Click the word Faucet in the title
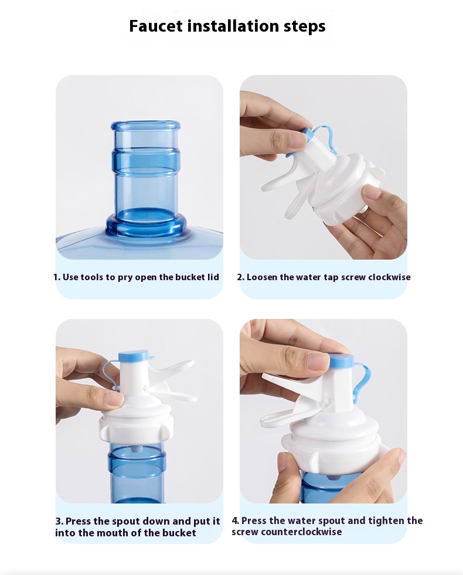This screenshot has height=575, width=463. click(156, 26)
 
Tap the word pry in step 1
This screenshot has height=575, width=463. click(125, 278)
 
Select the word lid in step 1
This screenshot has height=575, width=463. click(213, 277)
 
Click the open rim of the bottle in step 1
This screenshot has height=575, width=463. click(145, 126)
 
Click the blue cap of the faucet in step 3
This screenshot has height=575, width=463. click(134, 356)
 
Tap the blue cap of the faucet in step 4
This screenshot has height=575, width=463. click(342, 362)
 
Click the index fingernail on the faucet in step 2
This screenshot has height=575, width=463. click(297, 141)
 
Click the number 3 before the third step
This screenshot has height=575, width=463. click(58, 521)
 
